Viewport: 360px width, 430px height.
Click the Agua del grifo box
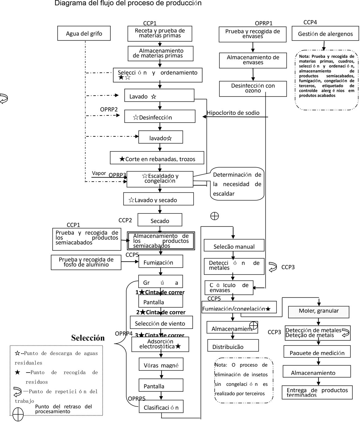tap(84, 33)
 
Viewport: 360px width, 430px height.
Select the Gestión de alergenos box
tap(325, 34)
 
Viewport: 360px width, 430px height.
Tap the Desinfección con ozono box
tap(253, 88)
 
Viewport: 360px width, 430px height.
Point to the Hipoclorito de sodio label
tap(233, 113)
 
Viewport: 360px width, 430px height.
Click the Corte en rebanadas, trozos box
tap(157, 158)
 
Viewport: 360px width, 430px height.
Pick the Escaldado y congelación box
tap(160, 179)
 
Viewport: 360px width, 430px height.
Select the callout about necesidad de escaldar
tap(237, 184)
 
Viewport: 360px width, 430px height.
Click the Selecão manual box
tap(234, 245)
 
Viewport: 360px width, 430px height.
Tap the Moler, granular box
tap(319, 312)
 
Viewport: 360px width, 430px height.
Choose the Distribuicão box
tap(233, 346)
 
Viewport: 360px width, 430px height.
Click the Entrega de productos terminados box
tap(317, 392)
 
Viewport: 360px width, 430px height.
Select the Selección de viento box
tap(161, 322)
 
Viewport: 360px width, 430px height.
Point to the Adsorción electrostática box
tap(160, 344)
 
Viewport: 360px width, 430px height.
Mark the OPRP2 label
tap(109, 110)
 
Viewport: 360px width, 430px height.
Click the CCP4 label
tap(310, 22)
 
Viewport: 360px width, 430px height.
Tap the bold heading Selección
tap(88, 338)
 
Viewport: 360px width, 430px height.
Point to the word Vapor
tap(99, 173)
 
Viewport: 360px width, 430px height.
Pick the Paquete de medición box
tap(317, 352)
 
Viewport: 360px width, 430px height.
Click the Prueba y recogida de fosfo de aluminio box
tap(86, 262)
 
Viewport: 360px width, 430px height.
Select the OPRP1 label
tap(264, 23)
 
